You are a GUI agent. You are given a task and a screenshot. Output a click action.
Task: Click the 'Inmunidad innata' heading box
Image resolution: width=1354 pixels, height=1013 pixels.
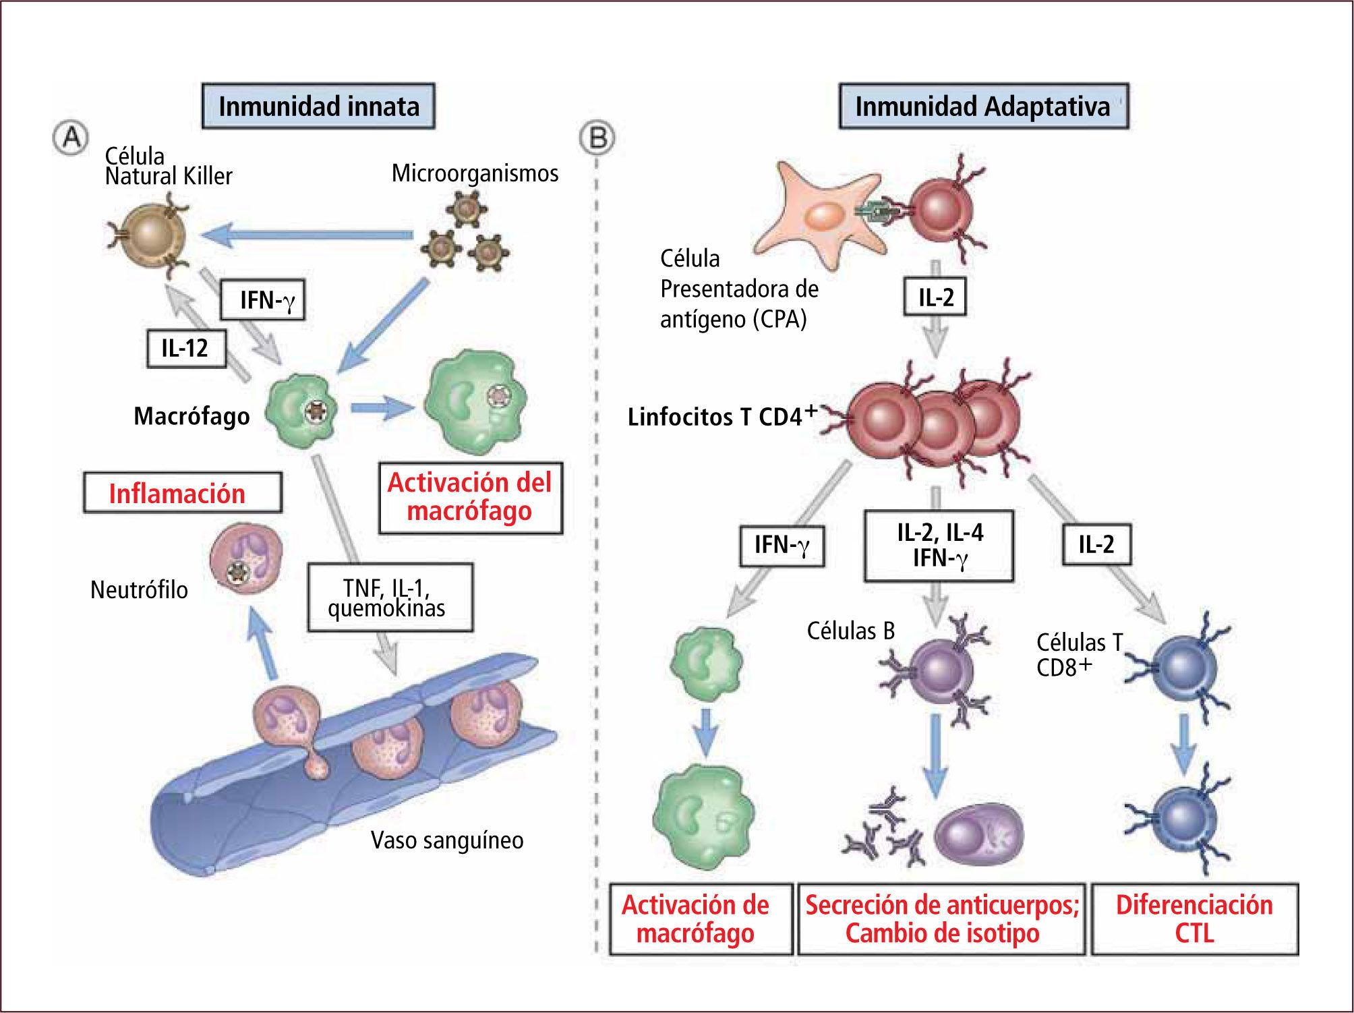(319, 107)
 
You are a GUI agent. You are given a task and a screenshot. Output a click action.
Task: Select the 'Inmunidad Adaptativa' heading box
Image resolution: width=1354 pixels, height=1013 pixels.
(982, 107)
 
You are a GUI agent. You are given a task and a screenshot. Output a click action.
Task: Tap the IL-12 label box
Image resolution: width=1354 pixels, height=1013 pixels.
(186, 349)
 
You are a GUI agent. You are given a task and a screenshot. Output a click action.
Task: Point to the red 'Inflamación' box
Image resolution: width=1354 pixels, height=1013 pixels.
(182, 493)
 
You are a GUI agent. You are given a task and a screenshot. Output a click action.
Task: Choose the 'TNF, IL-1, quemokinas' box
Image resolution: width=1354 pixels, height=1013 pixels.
(390, 597)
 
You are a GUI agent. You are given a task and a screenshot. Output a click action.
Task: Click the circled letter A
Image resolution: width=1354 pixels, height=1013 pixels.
(70, 139)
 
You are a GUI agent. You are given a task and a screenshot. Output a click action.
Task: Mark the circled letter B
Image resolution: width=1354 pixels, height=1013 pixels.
(597, 139)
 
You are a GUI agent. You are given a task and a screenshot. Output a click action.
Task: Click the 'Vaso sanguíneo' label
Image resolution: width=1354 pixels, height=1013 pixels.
(447, 840)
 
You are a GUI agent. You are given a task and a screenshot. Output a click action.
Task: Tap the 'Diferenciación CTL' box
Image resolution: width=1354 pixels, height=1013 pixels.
(1194, 919)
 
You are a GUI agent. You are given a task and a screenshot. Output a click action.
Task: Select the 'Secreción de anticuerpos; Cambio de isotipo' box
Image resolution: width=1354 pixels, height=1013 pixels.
(941, 919)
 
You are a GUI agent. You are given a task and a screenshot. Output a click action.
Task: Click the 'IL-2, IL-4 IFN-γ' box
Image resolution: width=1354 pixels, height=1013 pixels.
(939, 546)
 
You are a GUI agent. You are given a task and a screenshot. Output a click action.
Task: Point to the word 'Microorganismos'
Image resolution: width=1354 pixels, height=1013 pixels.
(475, 173)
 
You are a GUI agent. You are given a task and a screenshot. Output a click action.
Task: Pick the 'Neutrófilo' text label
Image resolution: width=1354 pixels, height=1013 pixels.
(140, 590)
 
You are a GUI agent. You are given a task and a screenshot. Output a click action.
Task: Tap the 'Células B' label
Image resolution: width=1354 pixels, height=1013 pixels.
(851, 631)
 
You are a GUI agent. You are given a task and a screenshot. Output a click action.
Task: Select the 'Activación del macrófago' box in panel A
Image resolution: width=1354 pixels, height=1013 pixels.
(470, 497)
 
